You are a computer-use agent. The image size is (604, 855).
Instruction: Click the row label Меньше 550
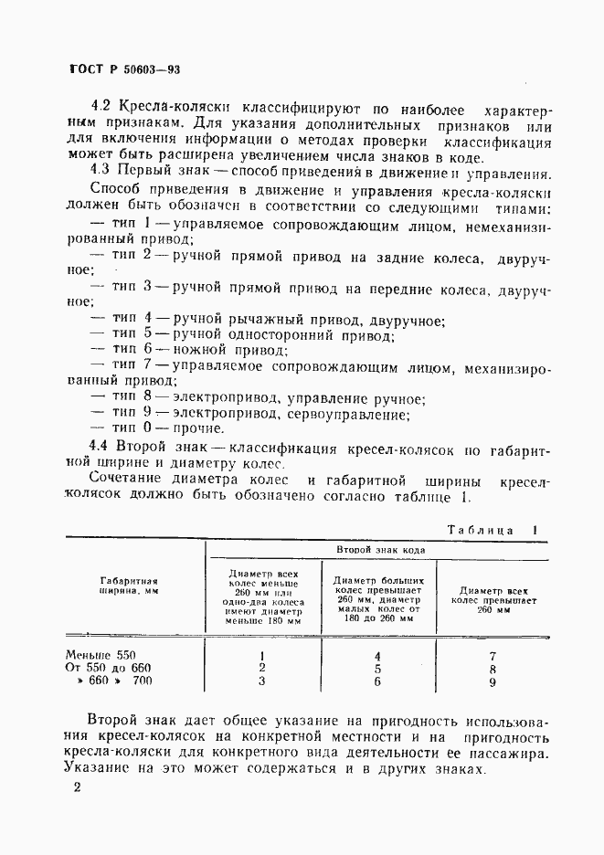point(101,655)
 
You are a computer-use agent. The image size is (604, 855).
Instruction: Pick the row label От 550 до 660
point(107,668)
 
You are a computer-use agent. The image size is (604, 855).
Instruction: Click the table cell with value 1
point(262,655)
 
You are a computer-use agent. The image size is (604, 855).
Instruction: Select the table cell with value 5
point(376,668)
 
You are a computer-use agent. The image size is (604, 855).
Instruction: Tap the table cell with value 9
point(493,681)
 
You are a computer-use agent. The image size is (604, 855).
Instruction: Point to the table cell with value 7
point(493,655)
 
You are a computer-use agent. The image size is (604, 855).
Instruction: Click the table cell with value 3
point(262,681)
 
